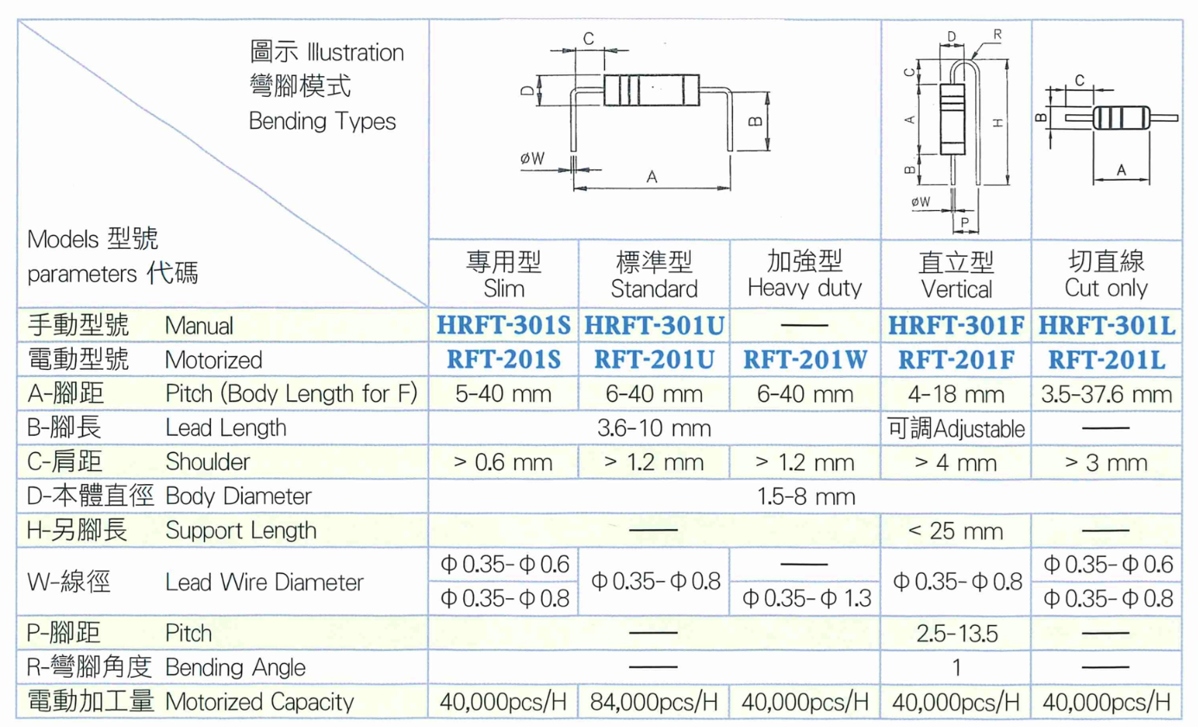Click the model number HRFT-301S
click(504, 325)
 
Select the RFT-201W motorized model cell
click(806, 360)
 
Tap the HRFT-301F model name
click(956, 325)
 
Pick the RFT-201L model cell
click(1106, 360)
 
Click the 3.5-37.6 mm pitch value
click(1106, 394)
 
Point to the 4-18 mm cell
click(956, 394)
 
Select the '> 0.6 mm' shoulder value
click(503, 462)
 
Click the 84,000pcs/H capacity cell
click(654, 702)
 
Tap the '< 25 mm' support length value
click(956, 532)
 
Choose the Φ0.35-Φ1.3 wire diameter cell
click(806, 598)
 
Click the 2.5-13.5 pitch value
click(957, 634)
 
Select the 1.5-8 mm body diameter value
click(806, 497)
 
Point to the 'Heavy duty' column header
click(805, 289)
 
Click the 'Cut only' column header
click(1106, 289)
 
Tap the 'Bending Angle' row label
click(235, 667)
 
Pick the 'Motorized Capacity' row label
click(260, 702)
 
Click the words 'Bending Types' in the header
click(322, 121)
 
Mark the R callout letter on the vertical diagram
click(997, 35)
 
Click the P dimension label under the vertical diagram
click(965, 222)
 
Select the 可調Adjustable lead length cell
click(956, 429)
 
